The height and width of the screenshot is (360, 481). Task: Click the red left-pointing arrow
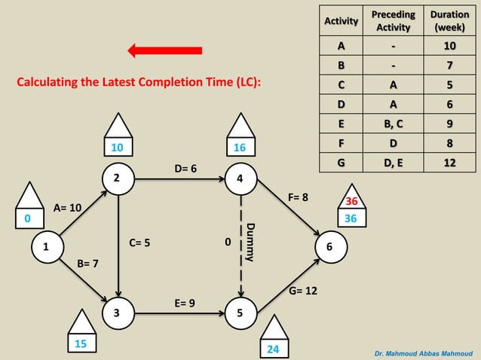pos(165,50)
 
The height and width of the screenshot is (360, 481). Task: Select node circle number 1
pos(46,246)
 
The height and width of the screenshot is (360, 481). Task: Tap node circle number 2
pos(116,178)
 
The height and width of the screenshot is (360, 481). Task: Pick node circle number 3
pos(116,312)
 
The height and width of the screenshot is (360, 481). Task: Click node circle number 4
pos(240,178)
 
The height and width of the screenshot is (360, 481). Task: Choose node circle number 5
pos(240,312)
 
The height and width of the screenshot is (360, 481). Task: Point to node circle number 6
pos(329,246)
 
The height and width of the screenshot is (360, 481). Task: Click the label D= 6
pos(185,168)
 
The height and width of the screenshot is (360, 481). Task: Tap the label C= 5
pos(139,243)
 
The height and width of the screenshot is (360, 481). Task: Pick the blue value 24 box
pos(273,349)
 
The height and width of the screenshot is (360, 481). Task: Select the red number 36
pos(351,202)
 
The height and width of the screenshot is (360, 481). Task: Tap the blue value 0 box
pos(28,218)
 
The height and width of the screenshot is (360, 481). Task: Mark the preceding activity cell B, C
pos(394,123)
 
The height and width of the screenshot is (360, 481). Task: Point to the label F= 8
pos(299,197)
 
